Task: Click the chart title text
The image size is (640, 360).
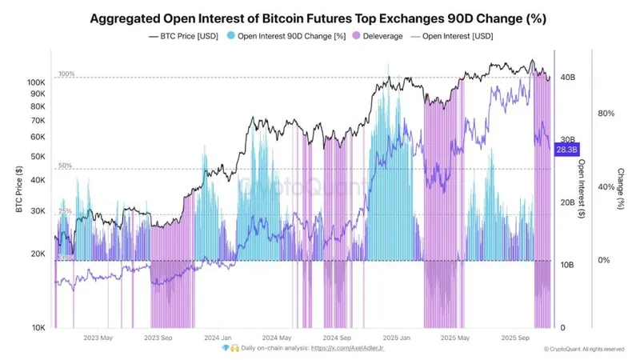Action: point(319,17)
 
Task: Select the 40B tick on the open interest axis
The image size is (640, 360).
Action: point(567,78)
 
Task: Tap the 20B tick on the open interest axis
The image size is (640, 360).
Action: point(567,203)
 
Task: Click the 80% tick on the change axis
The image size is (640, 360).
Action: point(606,114)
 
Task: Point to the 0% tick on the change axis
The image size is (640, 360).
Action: point(606,261)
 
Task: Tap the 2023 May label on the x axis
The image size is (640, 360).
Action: point(97,338)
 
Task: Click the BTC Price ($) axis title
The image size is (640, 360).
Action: point(17,189)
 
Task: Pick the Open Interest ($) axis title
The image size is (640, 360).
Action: point(581,189)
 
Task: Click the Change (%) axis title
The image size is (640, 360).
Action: point(620,189)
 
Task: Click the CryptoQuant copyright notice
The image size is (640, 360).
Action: point(583,350)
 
